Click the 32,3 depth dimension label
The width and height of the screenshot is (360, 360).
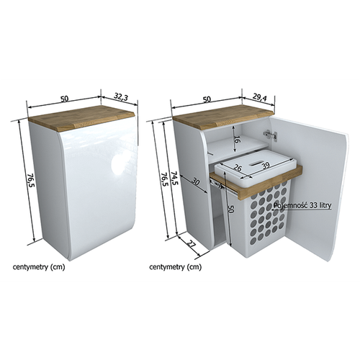(x=121, y=97)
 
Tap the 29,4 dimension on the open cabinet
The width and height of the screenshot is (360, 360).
(x=259, y=97)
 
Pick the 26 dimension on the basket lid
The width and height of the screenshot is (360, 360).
(x=238, y=168)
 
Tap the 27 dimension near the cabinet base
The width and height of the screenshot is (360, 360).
(x=191, y=245)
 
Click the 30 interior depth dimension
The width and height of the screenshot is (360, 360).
(x=196, y=183)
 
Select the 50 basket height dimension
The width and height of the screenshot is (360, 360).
(x=230, y=209)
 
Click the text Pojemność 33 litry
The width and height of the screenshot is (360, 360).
(x=302, y=205)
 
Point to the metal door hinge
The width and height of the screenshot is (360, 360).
(x=271, y=135)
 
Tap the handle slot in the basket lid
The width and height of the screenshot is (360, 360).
(x=256, y=163)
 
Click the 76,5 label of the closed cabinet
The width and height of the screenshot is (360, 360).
(x=32, y=181)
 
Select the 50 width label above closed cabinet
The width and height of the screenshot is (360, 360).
(x=64, y=99)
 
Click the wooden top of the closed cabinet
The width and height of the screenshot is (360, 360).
(x=81, y=117)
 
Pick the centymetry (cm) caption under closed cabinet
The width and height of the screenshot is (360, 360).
(x=39, y=267)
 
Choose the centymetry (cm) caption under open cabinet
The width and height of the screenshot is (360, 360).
(x=176, y=267)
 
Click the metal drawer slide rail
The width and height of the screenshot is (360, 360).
(x=217, y=184)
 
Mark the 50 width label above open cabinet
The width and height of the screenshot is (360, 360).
(x=207, y=99)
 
